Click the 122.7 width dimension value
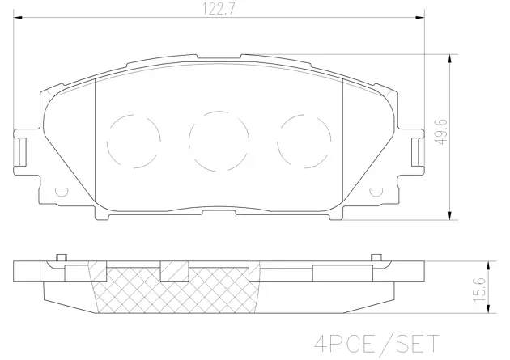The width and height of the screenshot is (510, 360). point(219,8)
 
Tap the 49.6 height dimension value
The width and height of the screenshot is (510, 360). point(442,132)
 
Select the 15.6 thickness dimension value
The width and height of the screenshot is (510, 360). point(480,289)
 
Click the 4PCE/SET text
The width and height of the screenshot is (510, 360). point(377,344)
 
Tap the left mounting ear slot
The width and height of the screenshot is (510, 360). point(22,152)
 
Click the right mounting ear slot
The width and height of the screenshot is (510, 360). point(415,152)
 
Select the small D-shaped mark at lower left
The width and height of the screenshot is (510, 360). point(62,193)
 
